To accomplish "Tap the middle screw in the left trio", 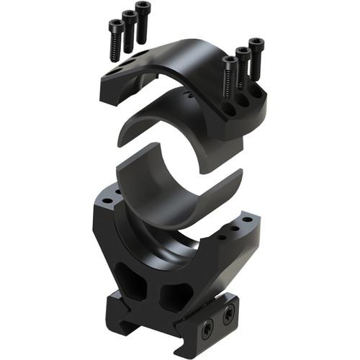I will coord(129,18).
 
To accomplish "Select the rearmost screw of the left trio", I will coord(142,9).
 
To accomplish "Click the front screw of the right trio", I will coord(230,63).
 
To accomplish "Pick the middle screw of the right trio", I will coord(243,53).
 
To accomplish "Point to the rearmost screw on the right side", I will coord(256,43).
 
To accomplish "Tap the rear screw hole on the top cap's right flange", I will coord(254,92).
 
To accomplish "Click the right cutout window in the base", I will coord(175,295).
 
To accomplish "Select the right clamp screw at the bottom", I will coord(230,312).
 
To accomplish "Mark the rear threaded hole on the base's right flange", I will coord(246,218).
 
